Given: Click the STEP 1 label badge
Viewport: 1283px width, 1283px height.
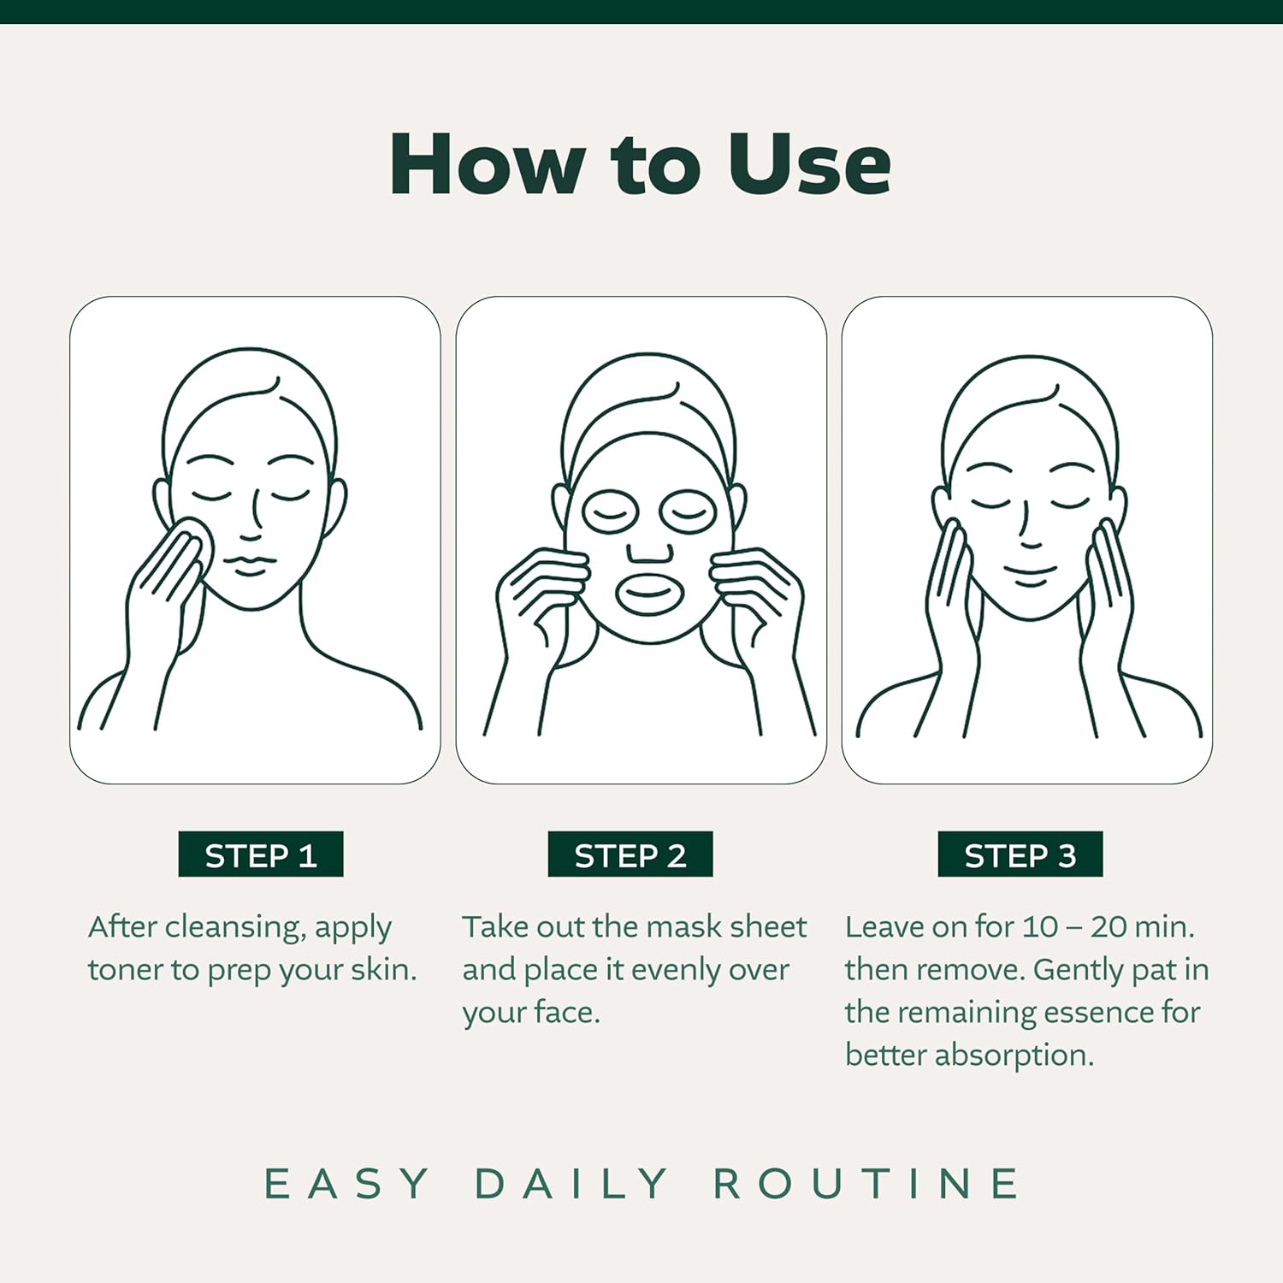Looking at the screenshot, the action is [261, 854].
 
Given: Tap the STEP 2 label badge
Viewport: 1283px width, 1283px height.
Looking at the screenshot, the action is [630, 854].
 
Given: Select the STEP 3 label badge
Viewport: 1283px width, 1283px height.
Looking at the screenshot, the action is [1020, 854].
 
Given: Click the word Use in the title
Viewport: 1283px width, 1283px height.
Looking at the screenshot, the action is [809, 164].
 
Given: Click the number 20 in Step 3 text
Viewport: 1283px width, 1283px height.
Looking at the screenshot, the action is [1109, 927].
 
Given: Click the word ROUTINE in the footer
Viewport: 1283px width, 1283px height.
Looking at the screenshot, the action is [866, 1184].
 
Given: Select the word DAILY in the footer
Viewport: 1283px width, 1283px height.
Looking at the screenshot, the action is [571, 1184].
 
